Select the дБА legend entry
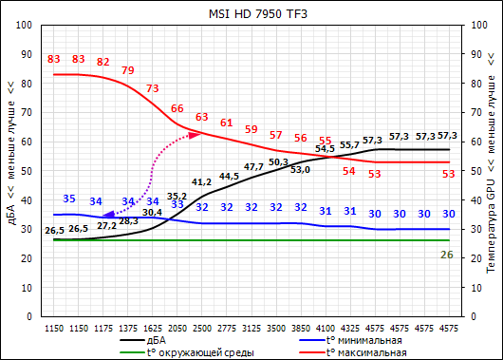tap(158, 339)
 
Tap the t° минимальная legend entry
tap(361, 339)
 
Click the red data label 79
tap(127, 70)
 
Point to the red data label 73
tap(152, 88)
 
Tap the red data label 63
tap(201, 117)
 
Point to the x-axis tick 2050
tap(177, 326)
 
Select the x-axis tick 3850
tap(300, 326)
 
